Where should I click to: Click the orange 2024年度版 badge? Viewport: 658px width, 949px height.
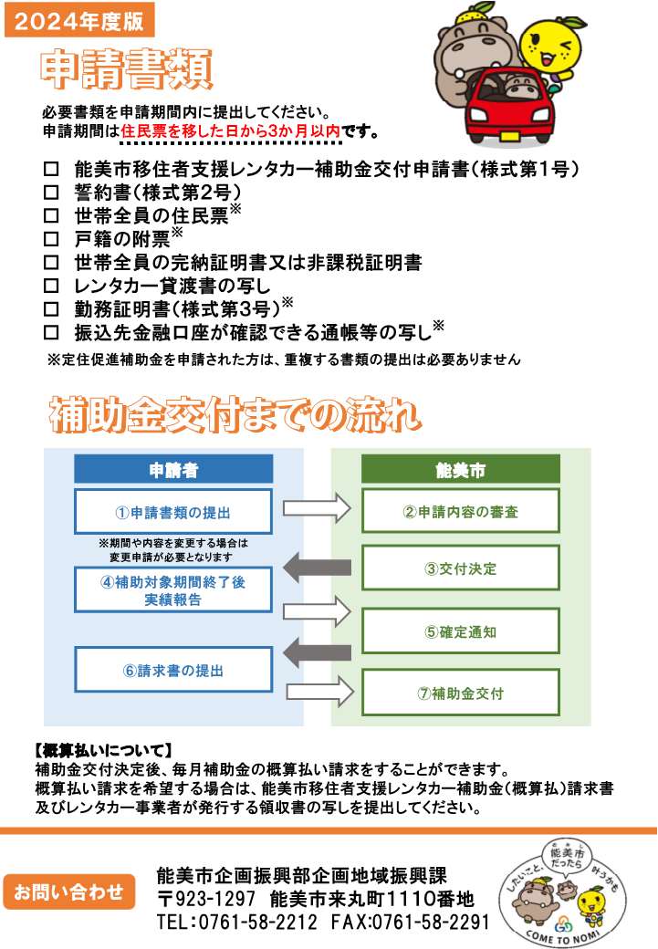click(79, 18)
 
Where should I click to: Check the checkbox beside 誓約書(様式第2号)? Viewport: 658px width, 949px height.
click(51, 193)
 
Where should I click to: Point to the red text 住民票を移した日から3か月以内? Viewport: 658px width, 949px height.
click(230, 131)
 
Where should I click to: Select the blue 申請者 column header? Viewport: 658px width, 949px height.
click(173, 470)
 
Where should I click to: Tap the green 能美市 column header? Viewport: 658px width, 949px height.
click(461, 470)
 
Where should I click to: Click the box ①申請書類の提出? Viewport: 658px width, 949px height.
click(173, 511)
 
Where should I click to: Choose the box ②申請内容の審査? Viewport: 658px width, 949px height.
click(461, 511)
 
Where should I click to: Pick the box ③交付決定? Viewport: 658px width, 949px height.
click(461, 568)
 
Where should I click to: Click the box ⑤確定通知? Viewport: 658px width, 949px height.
click(461, 631)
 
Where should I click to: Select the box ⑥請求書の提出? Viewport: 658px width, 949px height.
click(173, 671)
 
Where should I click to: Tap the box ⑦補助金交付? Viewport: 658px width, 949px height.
click(461, 693)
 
